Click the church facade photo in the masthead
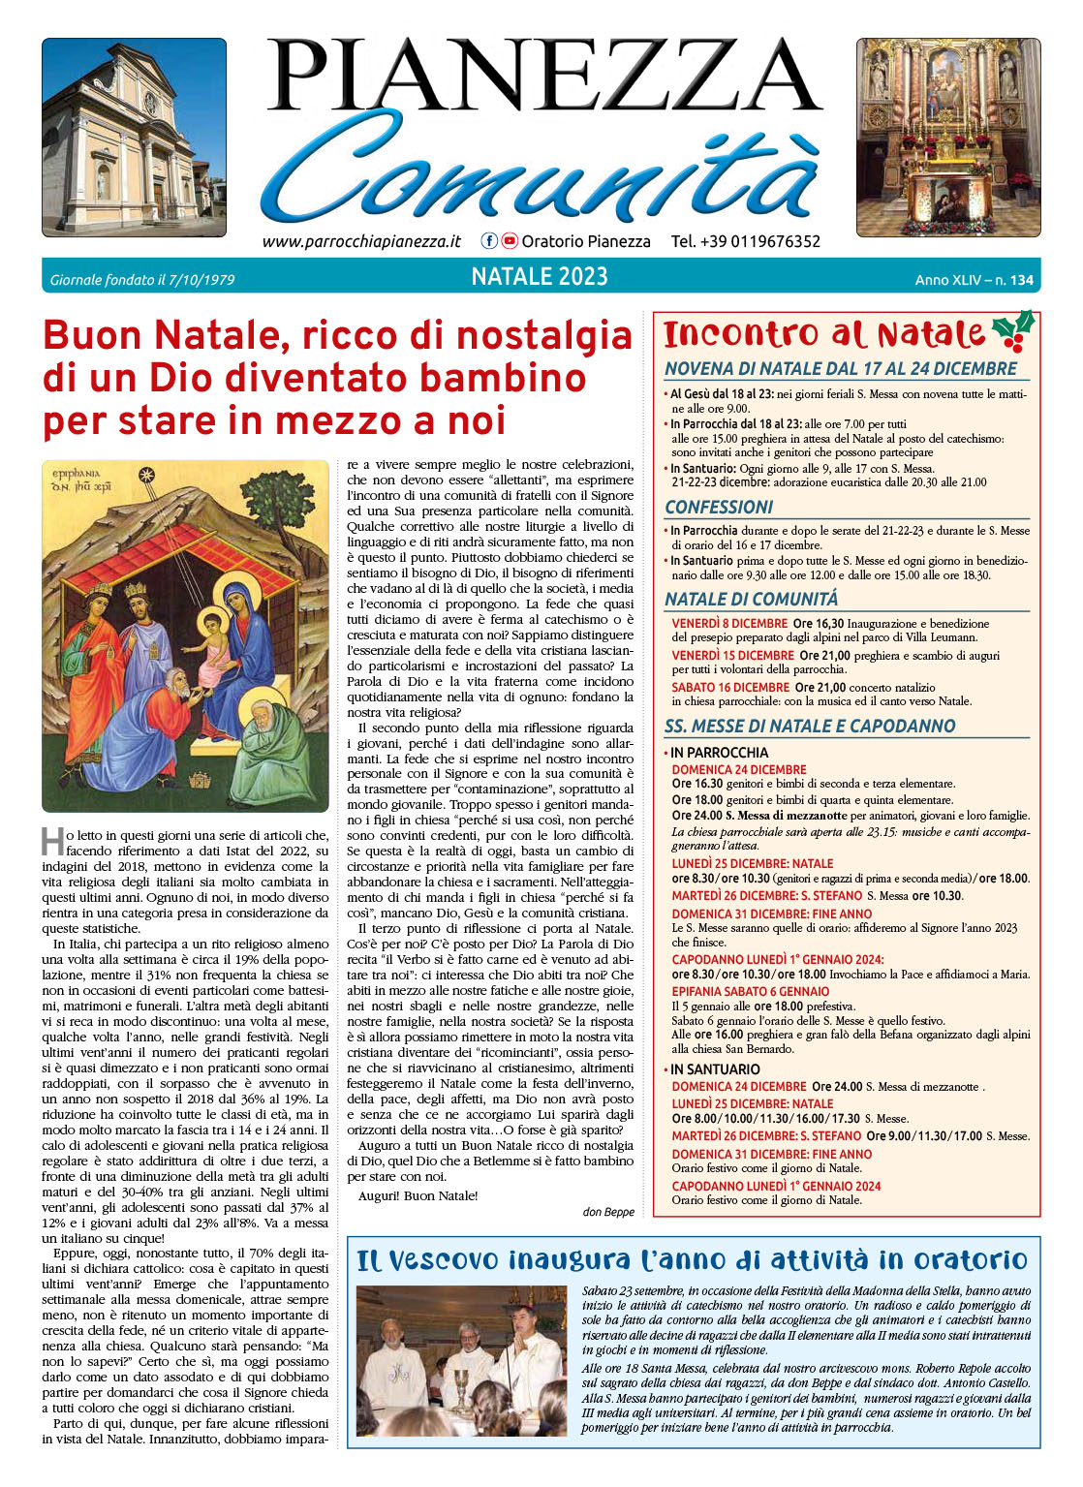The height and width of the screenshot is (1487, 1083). [134, 138]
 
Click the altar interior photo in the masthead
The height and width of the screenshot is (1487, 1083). [947, 138]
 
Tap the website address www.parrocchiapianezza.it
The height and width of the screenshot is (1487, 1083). [361, 241]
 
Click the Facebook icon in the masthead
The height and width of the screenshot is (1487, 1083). [489, 241]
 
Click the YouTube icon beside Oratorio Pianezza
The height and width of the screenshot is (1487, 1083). [509, 241]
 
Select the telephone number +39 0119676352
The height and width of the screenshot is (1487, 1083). [746, 241]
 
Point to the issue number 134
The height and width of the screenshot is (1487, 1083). [1021, 280]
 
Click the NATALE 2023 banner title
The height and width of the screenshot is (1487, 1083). [540, 277]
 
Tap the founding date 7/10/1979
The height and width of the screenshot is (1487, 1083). [201, 280]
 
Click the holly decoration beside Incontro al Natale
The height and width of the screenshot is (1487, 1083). [1014, 331]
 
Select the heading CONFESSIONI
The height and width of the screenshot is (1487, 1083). [718, 508]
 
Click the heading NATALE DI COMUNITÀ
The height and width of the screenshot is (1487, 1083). [751, 600]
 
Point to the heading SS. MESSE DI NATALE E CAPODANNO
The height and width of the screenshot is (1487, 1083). [809, 727]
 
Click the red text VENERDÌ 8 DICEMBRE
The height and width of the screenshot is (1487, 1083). [729, 624]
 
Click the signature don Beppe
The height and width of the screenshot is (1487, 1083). [608, 1212]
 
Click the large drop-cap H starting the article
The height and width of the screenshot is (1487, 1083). [52, 841]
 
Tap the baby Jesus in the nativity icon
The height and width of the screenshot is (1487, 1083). [212, 646]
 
